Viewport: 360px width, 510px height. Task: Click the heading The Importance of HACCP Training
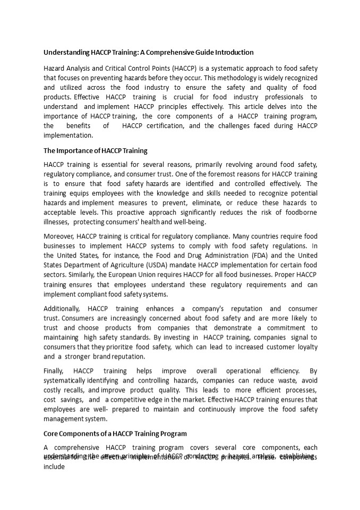96,150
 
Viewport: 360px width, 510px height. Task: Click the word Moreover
58,236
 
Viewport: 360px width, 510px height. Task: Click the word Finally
54,371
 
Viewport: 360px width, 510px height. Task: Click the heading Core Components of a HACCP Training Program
115,433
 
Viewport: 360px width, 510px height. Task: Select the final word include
54,467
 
